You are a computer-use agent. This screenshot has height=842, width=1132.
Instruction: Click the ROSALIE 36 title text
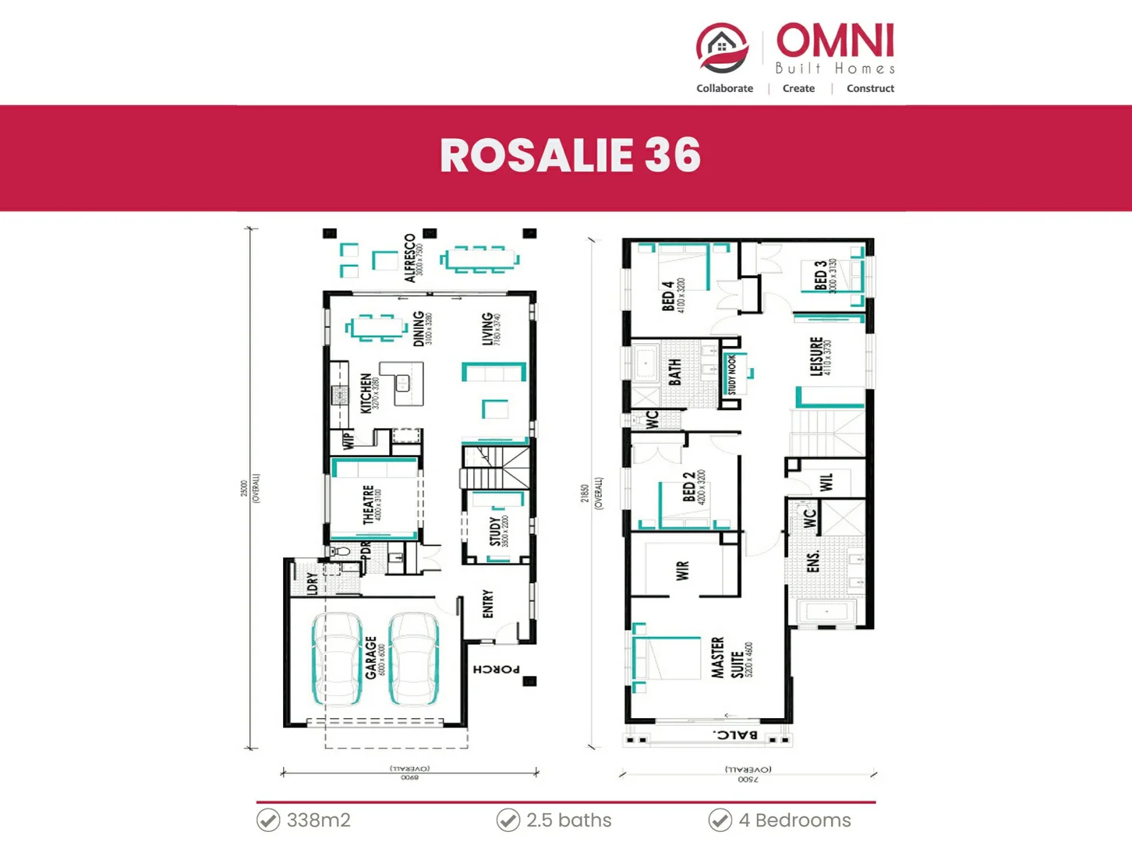[x=570, y=155]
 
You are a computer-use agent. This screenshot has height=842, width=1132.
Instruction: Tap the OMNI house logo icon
[x=722, y=48]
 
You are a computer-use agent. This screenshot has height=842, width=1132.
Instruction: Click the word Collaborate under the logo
[x=724, y=89]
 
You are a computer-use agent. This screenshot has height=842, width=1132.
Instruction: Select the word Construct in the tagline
[x=870, y=89]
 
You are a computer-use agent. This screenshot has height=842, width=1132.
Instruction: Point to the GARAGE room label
[x=371, y=657]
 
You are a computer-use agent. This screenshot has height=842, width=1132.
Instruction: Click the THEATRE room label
[x=369, y=504]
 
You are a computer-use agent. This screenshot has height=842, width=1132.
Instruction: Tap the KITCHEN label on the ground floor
[x=366, y=392]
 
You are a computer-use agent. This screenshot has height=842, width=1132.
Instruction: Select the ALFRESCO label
[x=410, y=258]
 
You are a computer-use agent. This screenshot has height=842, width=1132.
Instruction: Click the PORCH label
[x=496, y=669]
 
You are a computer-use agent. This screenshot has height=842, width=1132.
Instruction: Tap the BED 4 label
[x=668, y=296]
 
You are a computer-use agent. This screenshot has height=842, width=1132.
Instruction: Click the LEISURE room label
[x=816, y=356]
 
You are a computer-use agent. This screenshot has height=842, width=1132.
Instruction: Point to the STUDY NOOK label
[x=731, y=375]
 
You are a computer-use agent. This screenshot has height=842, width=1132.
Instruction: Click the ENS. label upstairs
[x=813, y=561]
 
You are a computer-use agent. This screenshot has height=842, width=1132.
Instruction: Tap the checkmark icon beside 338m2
[x=268, y=820]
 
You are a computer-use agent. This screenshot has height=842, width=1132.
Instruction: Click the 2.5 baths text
[x=568, y=820]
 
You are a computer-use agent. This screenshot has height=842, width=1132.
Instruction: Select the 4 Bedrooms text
[x=794, y=820]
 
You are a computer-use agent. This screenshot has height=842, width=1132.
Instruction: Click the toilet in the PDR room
[x=341, y=552]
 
